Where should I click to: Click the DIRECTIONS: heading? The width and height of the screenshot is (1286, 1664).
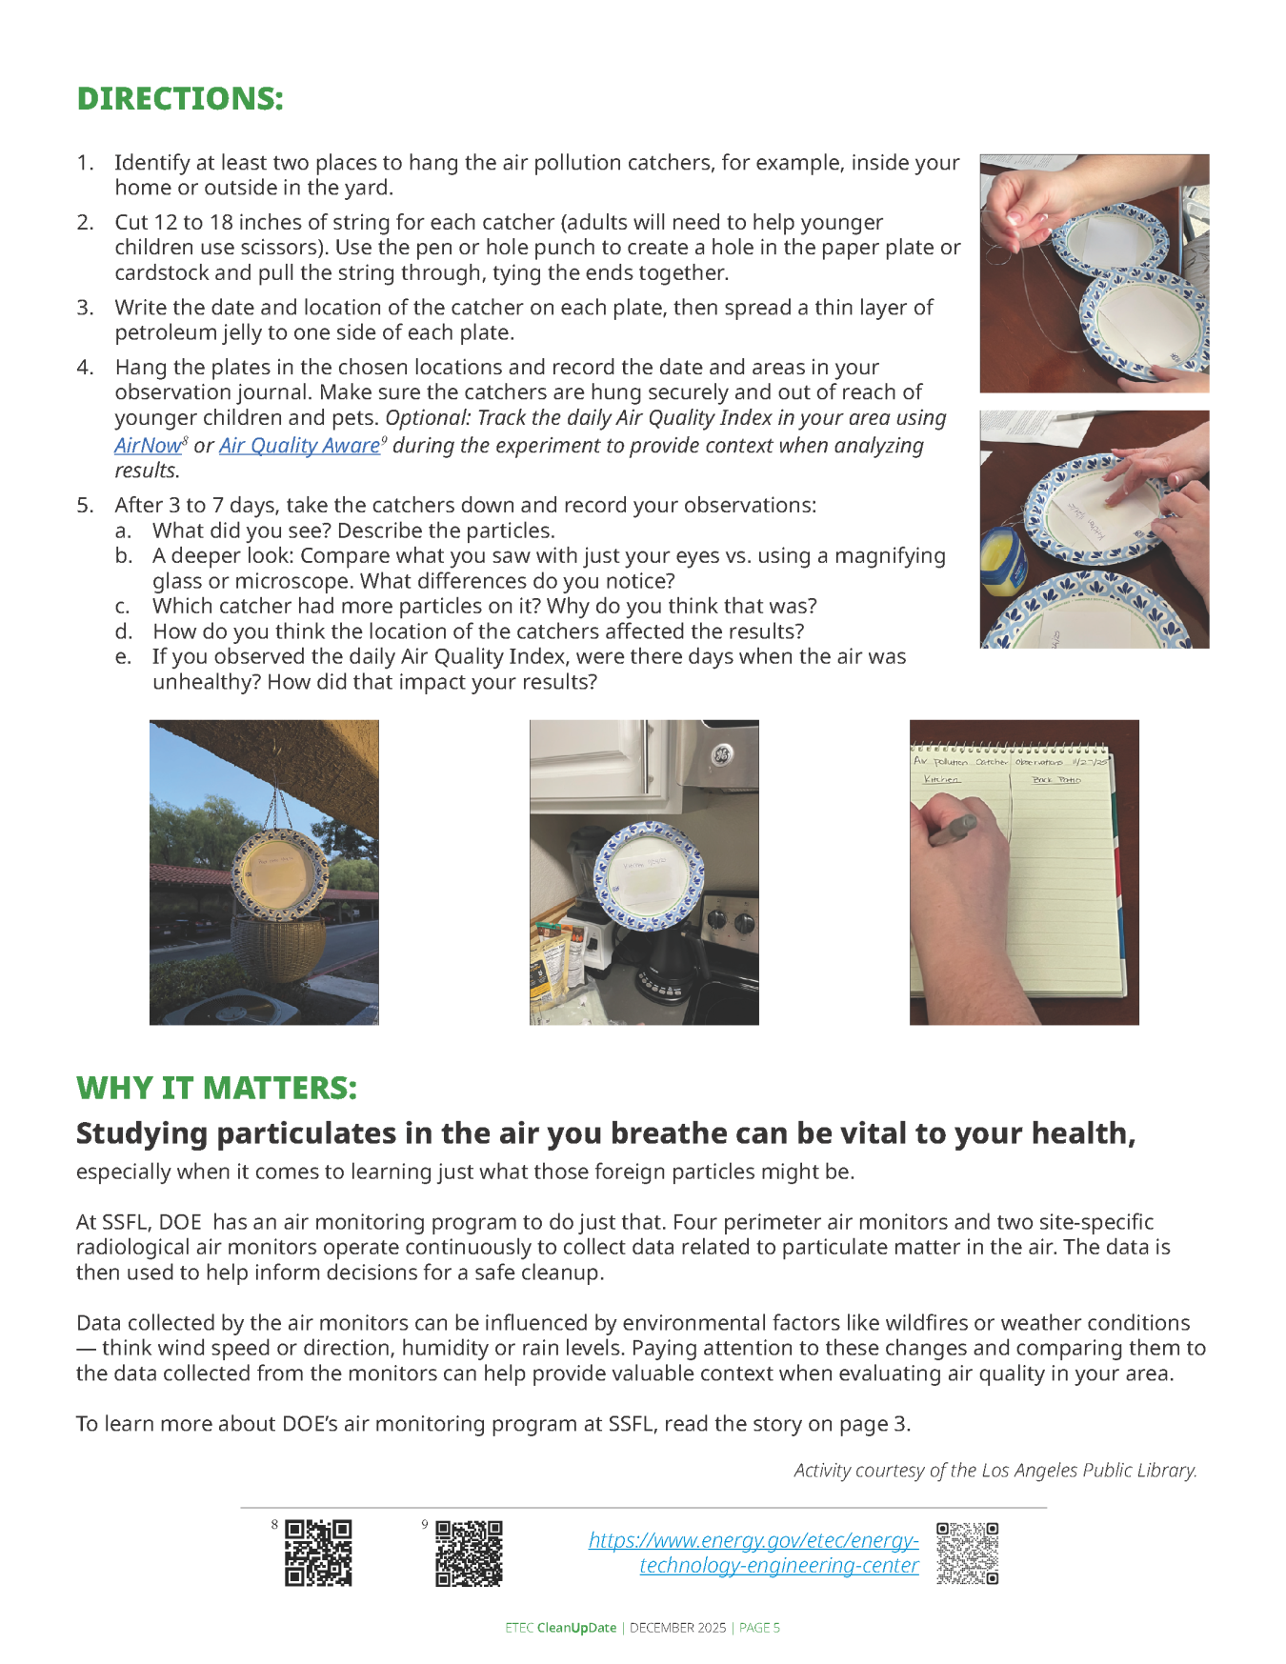180,99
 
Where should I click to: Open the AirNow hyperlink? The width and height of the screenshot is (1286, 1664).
147,446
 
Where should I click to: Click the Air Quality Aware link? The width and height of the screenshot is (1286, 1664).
299,446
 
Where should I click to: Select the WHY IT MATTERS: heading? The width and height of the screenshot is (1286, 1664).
216,1088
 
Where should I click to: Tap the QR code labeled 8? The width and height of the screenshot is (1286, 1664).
318,1553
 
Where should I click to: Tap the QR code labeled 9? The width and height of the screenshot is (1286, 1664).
469,1553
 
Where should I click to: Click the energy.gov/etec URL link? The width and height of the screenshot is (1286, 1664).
754,1553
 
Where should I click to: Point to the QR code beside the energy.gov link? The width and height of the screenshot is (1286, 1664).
967,1553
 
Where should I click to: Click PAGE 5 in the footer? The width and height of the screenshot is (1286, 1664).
759,1628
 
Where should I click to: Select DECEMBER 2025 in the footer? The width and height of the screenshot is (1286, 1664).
677,1628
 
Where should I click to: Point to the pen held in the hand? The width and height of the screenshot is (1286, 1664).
953,831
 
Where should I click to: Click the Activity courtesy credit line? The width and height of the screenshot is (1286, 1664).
995,1471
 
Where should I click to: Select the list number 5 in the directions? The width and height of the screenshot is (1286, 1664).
85,506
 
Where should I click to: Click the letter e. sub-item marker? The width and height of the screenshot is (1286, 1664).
123,657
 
